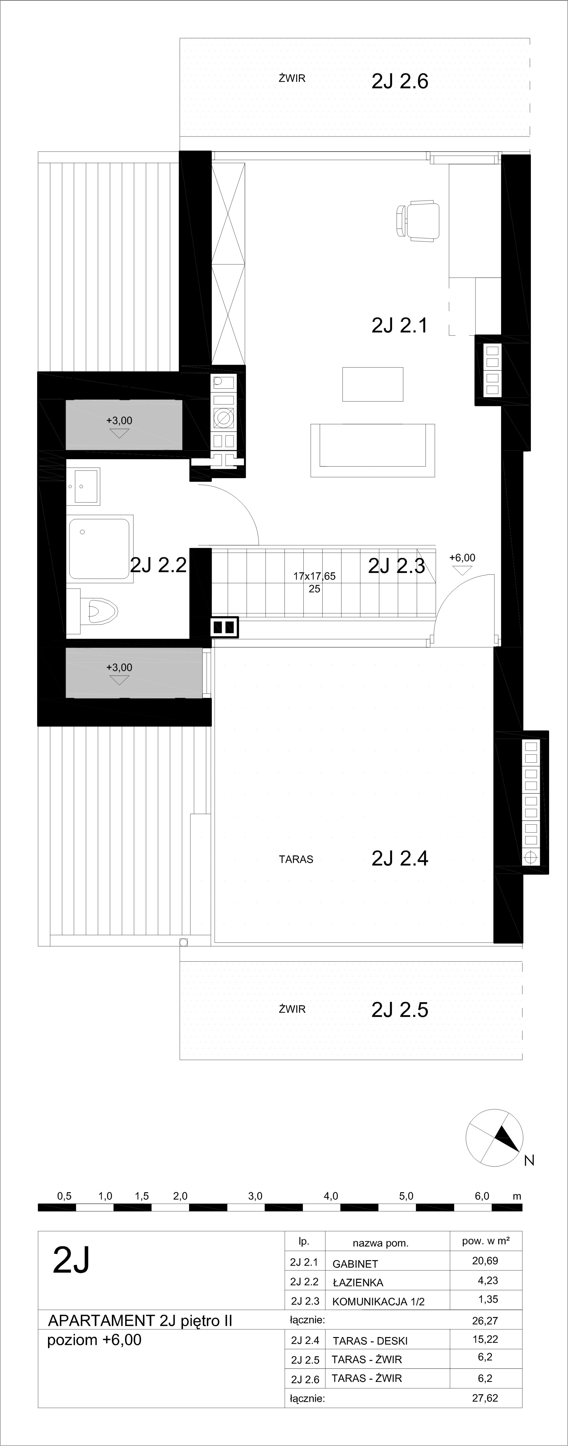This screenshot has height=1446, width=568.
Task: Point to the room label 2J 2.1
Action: click(399, 325)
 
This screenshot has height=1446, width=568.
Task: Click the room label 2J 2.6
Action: click(399, 81)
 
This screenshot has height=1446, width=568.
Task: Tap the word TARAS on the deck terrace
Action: click(296, 860)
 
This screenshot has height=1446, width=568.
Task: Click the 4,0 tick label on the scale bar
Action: click(331, 1196)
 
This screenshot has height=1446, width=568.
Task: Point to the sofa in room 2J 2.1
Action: click(373, 450)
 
